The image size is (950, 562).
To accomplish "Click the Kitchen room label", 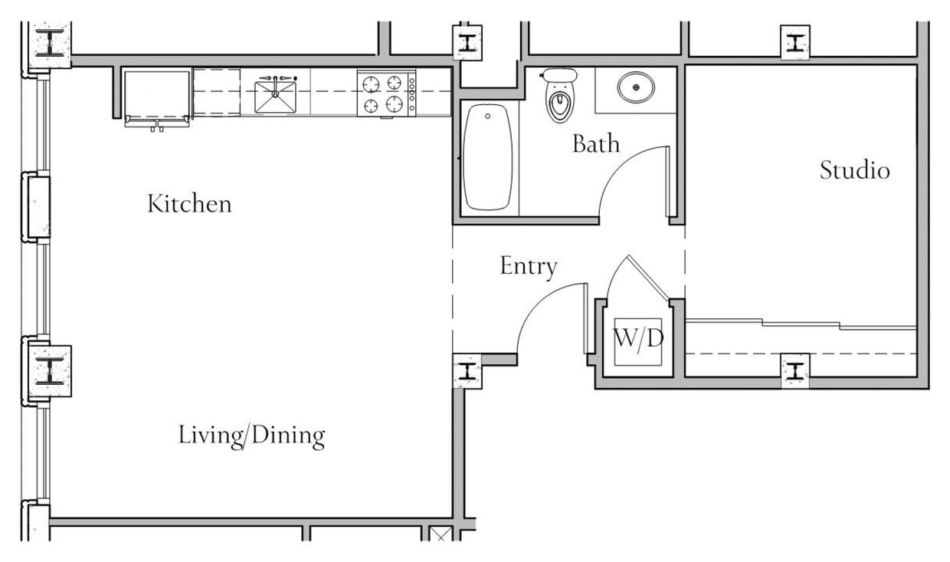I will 189,204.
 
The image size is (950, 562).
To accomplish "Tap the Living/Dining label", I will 251,435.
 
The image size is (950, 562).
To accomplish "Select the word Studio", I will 854,169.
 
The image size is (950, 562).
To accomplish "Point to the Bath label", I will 595,143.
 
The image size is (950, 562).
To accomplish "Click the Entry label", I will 528,266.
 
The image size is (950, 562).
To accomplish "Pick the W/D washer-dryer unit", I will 637,339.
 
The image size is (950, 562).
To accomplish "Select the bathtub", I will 488,157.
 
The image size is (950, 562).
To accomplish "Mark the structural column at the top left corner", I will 50,43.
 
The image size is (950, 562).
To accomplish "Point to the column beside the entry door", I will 467,372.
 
